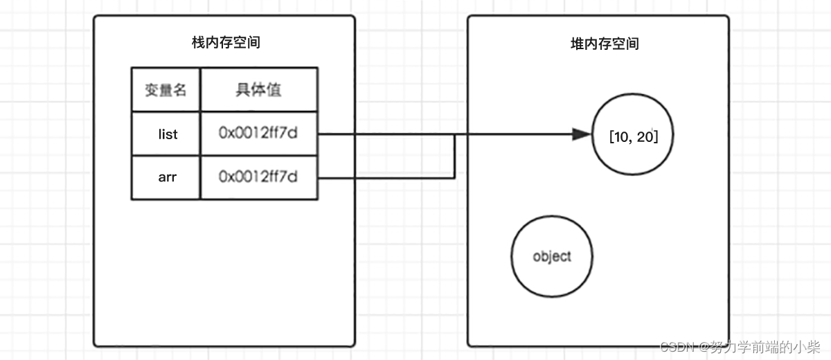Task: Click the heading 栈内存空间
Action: point(226,43)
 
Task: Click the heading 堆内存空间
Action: point(600,44)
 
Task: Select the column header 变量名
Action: point(166,90)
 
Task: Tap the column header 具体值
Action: point(258,90)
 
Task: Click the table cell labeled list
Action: point(168,134)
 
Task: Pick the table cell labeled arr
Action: point(168,177)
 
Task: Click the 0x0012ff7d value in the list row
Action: point(258,134)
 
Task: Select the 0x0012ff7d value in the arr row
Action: point(258,177)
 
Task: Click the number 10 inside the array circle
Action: point(620,137)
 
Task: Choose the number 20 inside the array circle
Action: point(645,137)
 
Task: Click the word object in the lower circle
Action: point(552,257)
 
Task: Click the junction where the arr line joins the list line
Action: point(455,135)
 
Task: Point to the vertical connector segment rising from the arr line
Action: point(455,157)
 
